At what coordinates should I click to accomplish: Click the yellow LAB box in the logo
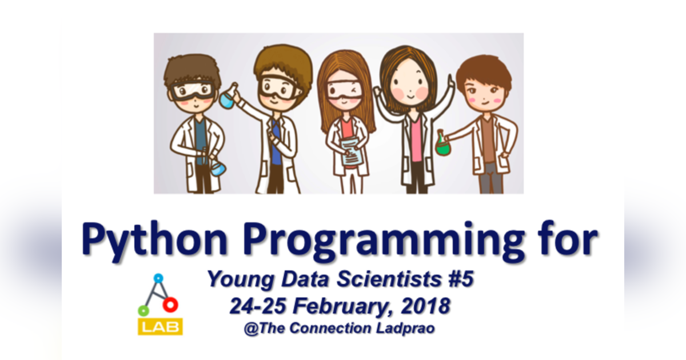pyautogui.click(x=160, y=326)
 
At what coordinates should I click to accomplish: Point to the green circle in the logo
pyautogui.click(x=143, y=311)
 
